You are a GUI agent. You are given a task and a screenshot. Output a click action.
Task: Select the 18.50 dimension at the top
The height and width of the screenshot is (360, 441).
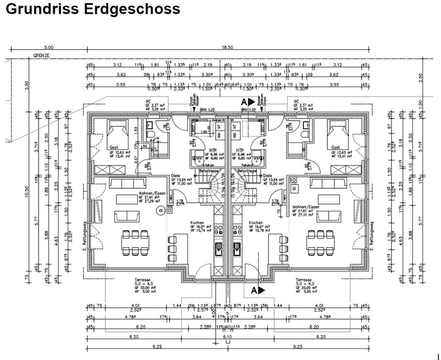coord(227,47)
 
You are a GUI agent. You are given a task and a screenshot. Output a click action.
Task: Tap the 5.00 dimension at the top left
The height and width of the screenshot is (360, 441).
coord(49,47)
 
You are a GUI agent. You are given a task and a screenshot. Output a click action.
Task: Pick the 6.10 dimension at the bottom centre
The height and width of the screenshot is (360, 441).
coord(227,337)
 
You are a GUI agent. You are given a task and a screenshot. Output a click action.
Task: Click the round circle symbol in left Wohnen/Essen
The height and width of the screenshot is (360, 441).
coord(161,210)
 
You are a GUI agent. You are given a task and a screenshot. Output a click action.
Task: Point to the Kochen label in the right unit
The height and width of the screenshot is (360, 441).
coord(256,223)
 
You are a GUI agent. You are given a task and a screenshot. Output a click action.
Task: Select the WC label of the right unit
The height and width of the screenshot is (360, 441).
coord(296,101)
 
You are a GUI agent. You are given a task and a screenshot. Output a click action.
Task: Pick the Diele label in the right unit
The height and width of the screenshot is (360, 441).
coord(268,175)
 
